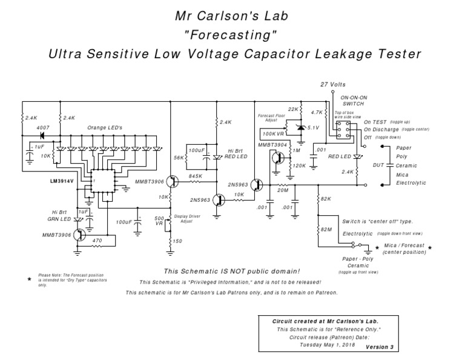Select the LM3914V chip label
(x=64, y=181)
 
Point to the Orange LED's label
(x=105, y=128)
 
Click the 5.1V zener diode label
(x=312, y=127)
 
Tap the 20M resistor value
(x=283, y=191)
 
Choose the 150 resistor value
(x=177, y=241)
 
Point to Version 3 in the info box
(x=379, y=347)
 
